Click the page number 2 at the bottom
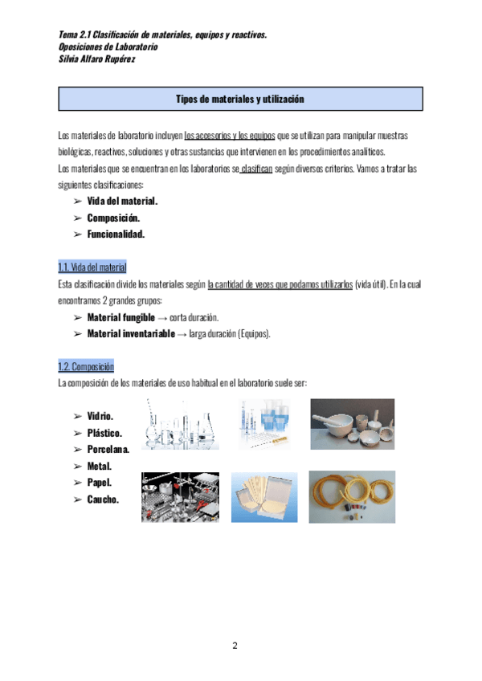(x=235, y=646)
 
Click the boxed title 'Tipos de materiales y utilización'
(x=241, y=99)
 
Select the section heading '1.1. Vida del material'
(x=92, y=267)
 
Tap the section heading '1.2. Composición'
(x=86, y=366)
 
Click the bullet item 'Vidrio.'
(x=100, y=416)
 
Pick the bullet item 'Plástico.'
(x=104, y=433)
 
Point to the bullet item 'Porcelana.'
(x=108, y=449)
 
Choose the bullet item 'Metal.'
(x=100, y=466)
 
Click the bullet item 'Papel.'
(x=100, y=483)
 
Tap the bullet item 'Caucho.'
(x=103, y=500)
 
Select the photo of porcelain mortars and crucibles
(x=352, y=424)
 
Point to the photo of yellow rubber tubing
(x=353, y=496)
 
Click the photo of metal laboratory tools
(x=180, y=497)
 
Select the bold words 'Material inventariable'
(x=130, y=333)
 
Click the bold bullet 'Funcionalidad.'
(x=116, y=234)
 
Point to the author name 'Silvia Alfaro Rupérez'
(x=92, y=59)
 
